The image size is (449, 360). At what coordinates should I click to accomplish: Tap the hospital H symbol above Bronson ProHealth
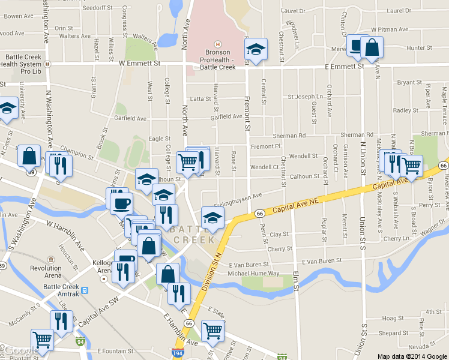pos(217,44)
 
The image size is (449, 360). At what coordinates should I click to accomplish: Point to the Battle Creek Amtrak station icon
pos(85,290)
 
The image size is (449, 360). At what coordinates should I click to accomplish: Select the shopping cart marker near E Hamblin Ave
pos(212,329)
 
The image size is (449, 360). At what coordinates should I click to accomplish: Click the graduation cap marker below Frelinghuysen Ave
pos(212,218)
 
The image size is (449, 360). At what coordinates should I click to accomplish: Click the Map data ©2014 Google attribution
pos(412,356)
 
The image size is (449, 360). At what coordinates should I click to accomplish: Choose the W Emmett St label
pos(140,62)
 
